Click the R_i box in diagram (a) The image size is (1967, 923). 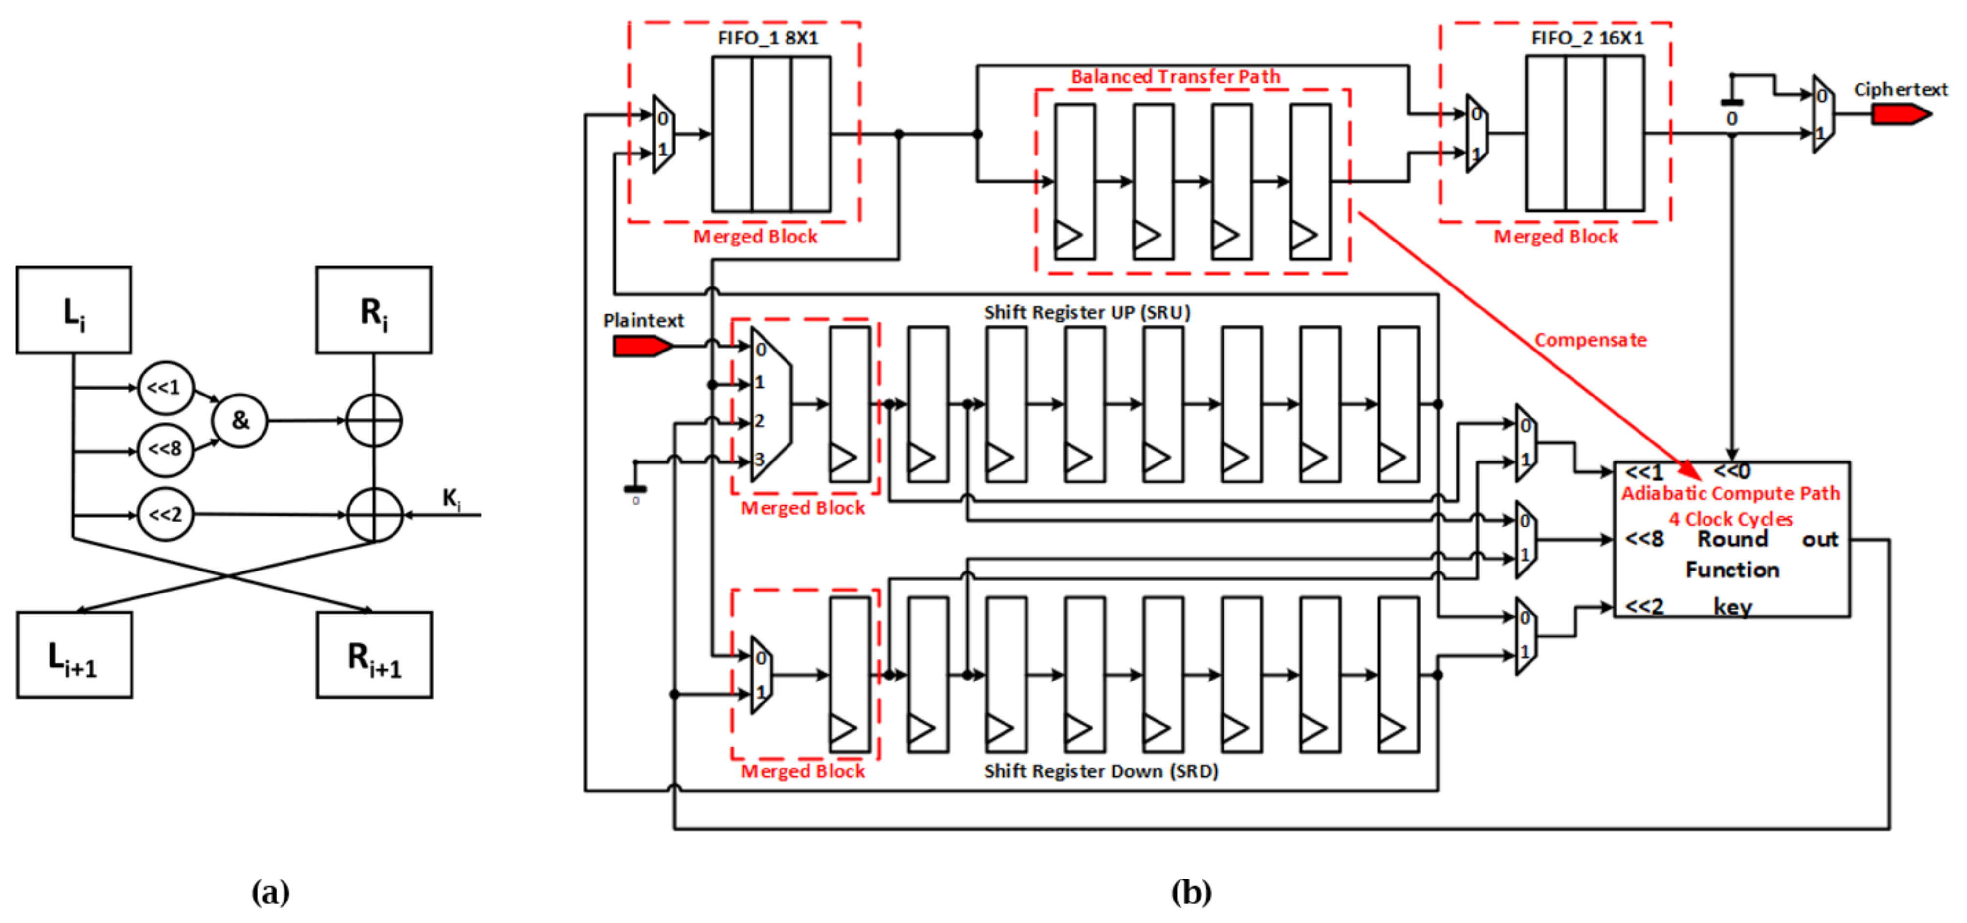(373, 310)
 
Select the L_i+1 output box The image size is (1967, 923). (74, 655)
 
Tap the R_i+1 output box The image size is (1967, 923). (374, 655)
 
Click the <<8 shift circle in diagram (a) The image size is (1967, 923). (165, 449)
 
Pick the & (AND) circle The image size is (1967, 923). (240, 420)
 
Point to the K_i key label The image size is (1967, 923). (451, 499)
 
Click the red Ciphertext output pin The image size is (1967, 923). (1900, 114)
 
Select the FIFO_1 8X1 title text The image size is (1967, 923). (767, 38)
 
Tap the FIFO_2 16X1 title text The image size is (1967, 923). (1587, 38)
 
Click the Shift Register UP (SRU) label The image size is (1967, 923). (1087, 312)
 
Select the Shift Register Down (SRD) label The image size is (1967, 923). (1100, 771)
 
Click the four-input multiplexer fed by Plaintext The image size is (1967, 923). (770, 405)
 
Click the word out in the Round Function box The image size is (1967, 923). (1820, 540)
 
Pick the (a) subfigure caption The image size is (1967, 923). (270, 892)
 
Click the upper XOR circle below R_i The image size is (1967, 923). (373, 420)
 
